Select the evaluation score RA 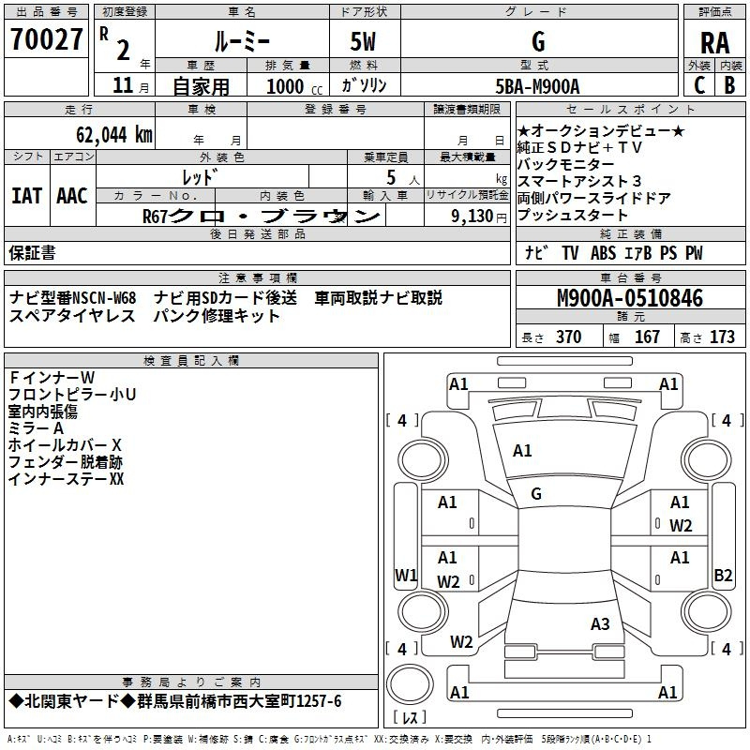coord(713,44)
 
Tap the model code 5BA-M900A coord(537,86)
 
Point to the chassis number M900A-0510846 coord(630,298)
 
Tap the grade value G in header coord(537,41)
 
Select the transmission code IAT coord(27,195)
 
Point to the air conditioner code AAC coord(72,195)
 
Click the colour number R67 coord(155,216)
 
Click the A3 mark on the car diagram coord(600,623)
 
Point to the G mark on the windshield coord(536,494)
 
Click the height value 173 coord(722,337)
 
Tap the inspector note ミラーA coord(37,427)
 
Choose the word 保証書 coord(32,252)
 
